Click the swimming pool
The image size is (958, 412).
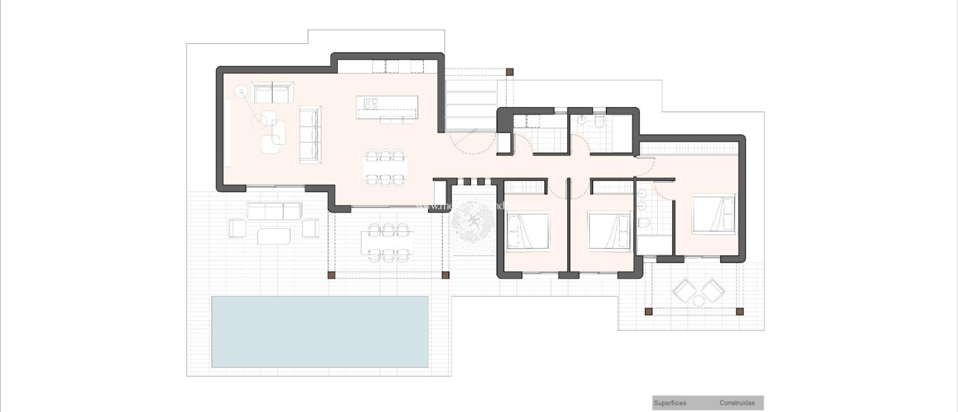(320, 331)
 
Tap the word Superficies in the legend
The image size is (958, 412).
(670, 403)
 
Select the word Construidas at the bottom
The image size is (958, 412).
(737, 403)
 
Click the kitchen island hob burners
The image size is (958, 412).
(371, 103)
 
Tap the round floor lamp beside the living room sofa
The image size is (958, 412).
(241, 92)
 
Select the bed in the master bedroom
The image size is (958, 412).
(714, 213)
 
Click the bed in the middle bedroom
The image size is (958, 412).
(610, 231)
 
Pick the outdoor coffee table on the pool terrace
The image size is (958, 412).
(274, 235)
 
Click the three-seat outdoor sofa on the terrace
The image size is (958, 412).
(274, 211)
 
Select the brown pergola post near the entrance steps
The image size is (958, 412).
(510, 72)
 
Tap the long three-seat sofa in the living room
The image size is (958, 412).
(310, 134)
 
